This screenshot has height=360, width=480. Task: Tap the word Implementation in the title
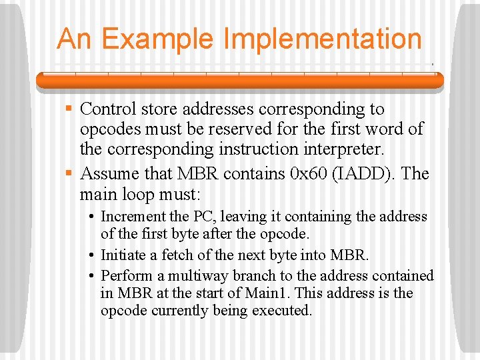(323, 39)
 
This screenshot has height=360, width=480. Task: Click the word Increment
(133, 217)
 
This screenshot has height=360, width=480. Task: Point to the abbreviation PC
(203, 217)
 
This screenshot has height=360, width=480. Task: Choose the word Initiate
(124, 255)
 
